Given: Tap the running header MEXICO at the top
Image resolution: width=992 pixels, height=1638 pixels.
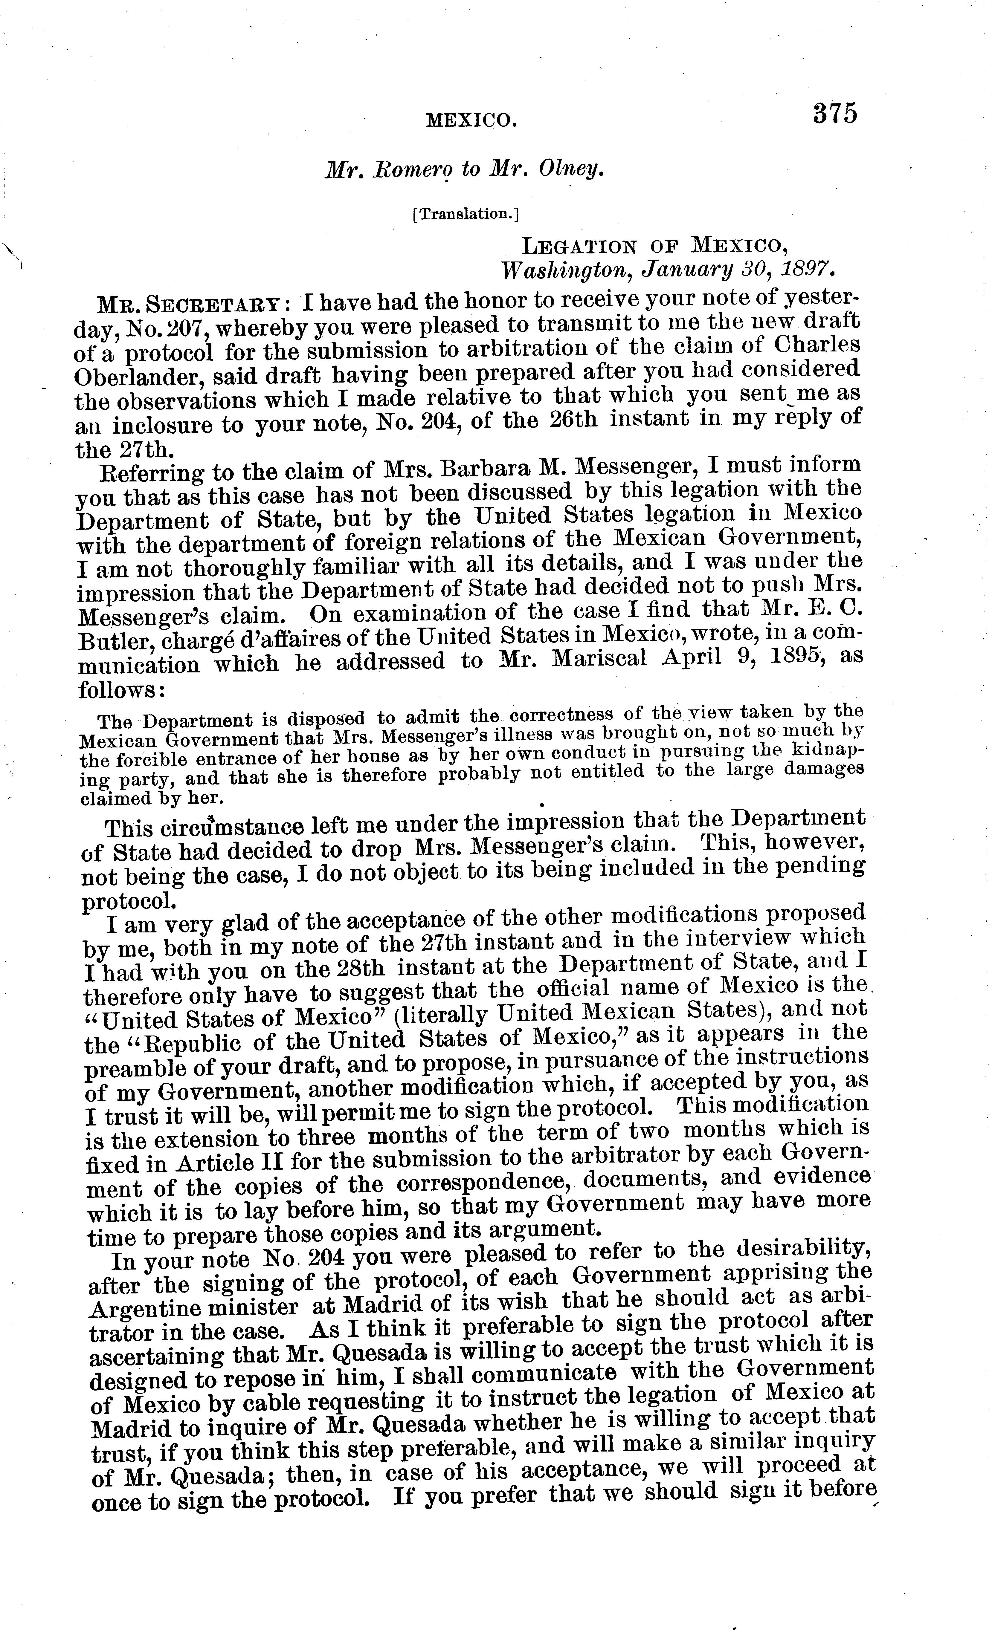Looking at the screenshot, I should (x=471, y=120).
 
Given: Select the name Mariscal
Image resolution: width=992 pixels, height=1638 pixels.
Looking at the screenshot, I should (x=588, y=661).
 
